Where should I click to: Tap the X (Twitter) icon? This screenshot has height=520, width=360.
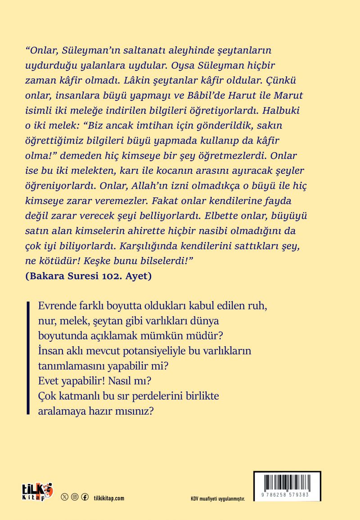click(x=65, y=497)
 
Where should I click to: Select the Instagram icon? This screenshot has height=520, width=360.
click(x=75, y=497)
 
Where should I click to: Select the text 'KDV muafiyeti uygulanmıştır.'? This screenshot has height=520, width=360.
click(x=217, y=499)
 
